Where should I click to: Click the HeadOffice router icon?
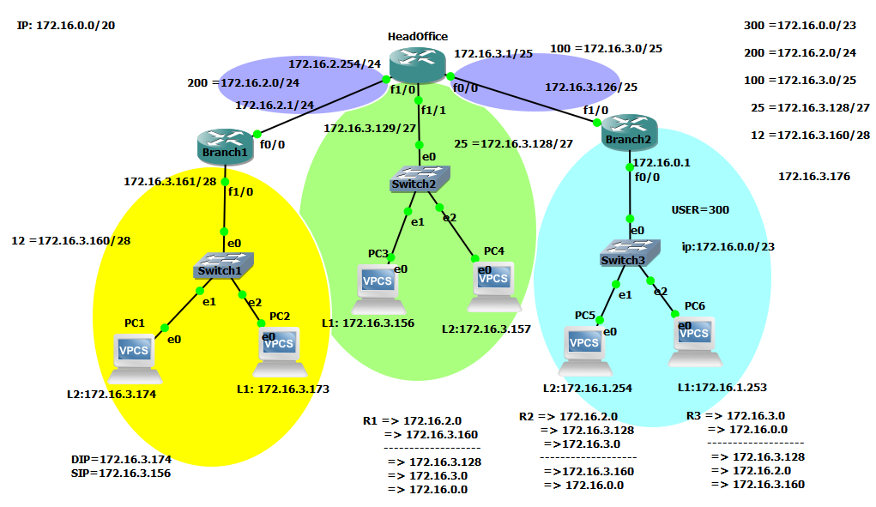point(417,64)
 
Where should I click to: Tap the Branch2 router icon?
point(628,131)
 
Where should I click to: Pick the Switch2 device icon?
point(420,178)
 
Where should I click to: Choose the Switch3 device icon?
point(630,253)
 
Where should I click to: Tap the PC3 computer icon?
point(378,289)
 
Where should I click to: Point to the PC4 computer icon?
point(495,287)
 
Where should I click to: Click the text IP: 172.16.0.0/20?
point(66,26)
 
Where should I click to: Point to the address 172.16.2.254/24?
point(334,63)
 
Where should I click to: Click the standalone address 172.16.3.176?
point(813,177)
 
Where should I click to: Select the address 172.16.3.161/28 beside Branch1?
point(170,182)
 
